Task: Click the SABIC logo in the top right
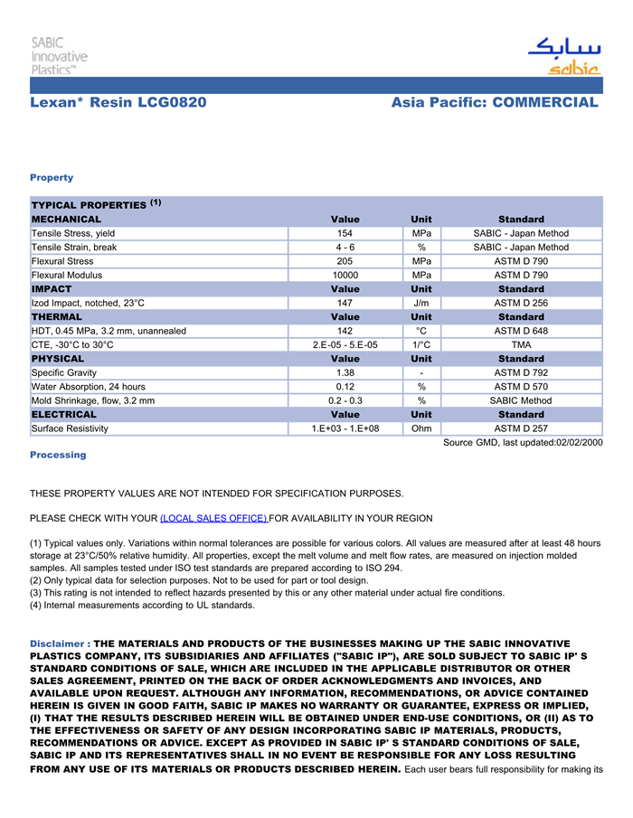563,56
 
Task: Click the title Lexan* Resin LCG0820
118,102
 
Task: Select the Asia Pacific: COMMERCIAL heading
495,102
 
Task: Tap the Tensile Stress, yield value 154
345,233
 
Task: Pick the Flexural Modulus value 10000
345,275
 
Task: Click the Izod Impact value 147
345,303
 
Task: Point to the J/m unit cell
421,303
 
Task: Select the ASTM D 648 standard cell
521,331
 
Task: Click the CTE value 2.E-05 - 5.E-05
345,344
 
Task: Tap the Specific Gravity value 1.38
345,372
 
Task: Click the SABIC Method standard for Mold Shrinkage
521,400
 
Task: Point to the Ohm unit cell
421,428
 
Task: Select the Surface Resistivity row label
71,428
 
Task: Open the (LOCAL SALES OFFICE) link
213,518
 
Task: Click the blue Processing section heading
58,455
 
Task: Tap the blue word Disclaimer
58,644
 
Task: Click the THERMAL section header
57,317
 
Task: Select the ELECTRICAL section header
64,414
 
